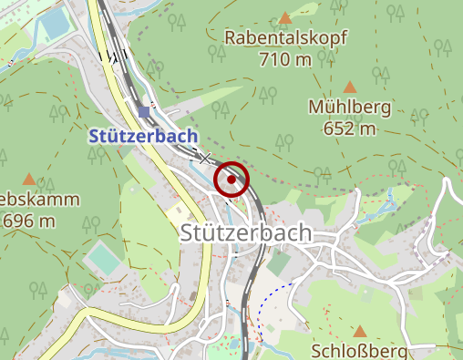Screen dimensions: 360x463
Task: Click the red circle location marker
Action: pos(232,180)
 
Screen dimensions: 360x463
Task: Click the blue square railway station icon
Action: pos(144,112)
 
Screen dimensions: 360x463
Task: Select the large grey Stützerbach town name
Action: pos(246,232)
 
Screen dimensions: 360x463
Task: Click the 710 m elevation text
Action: pos(285,60)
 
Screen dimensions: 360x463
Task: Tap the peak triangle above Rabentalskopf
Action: pos(285,17)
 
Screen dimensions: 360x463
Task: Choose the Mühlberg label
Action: pos(350,108)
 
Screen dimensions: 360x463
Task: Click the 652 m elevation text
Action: pos(350,128)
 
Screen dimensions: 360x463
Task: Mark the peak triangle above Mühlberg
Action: pos(350,86)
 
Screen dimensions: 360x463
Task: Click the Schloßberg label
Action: pos(360,351)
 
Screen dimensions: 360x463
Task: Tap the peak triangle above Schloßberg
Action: pos(360,332)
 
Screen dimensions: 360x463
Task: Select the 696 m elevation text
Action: pos(29,221)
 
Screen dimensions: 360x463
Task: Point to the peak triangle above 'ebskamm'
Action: pos(29,180)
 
